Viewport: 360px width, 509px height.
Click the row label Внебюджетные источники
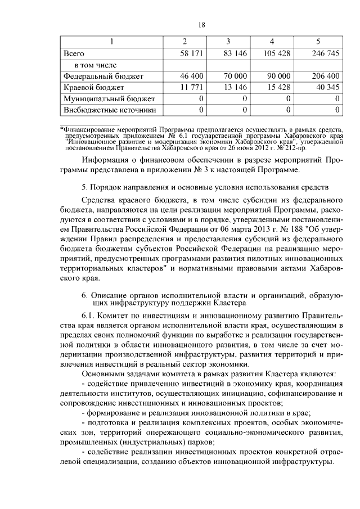pos(109,110)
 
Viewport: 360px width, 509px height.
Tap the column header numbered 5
pos(318,42)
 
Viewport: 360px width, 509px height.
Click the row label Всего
pos(74,54)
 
